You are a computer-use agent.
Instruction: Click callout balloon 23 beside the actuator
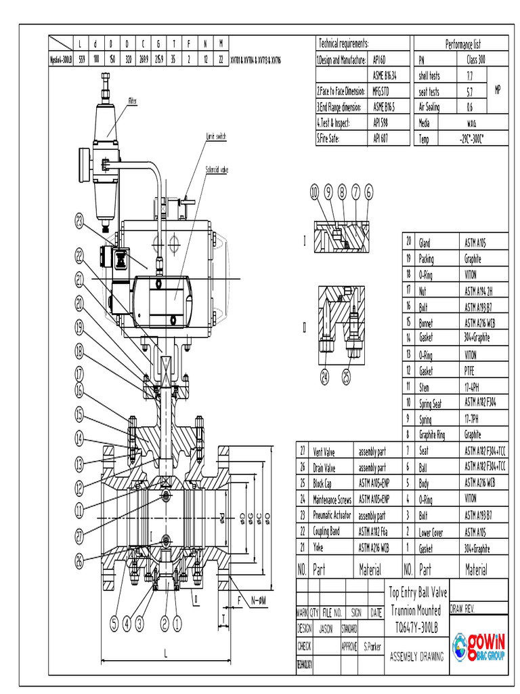(81, 220)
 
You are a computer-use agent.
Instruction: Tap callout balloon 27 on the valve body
(81, 535)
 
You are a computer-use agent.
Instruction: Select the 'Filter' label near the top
(133, 101)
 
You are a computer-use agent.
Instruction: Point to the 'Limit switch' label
(216, 136)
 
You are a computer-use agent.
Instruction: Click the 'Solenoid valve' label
(217, 170)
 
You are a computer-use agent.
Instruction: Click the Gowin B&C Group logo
(479, 647)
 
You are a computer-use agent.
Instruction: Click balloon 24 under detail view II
(325, 377)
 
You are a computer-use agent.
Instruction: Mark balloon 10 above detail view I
(315, 192)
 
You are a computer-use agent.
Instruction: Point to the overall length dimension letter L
(166, 653)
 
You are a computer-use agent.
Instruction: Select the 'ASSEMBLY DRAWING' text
(416, 656)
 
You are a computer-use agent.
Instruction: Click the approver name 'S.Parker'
(372, 647)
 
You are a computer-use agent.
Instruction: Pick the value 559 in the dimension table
(82, 59)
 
